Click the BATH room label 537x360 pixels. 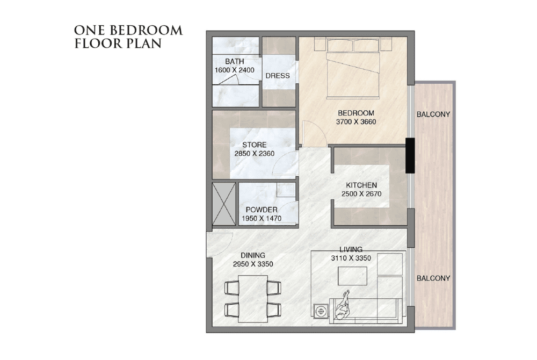click(235, 61)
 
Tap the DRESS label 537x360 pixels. click(278, 76)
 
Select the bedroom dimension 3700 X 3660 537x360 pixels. click(356, 121)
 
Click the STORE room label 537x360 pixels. click(255, 145)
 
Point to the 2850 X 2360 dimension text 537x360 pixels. click(255, 154)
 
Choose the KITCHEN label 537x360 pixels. click(361, 185)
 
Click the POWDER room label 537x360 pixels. click(262, 210)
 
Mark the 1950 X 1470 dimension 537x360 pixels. click(262, 218)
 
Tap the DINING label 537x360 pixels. click(253, 255)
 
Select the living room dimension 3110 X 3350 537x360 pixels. click(351, 258)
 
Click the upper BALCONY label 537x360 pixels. click(433, 114)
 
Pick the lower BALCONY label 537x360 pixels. click(433, 278)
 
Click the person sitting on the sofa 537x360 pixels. click(343, 306)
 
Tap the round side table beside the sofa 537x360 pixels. click(321, 312)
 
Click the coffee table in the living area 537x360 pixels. click(352, 276)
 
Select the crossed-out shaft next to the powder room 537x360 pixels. click(224, 204)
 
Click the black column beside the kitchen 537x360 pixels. click(410, 155)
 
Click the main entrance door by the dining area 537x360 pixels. click(220, 244)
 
